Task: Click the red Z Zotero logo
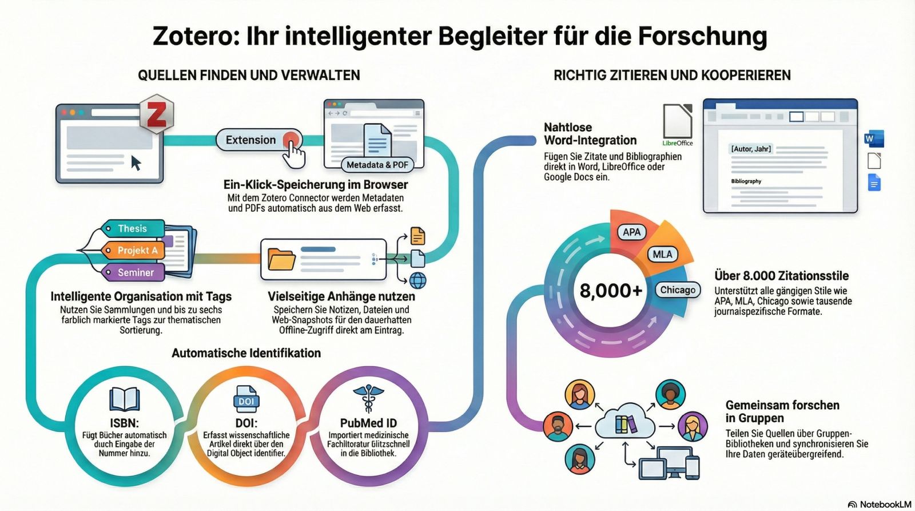tap(156, 114)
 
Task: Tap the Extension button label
tap(250, 140)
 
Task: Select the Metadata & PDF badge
tap(377, 165)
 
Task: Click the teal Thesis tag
tap(132, 229)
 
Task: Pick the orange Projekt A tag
tap(137, 251)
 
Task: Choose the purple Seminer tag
tap(135, 272)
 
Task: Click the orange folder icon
tap(281, 259)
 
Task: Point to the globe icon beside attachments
tap(418, 280)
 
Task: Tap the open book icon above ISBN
tap(125, 399)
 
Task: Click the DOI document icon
tap(246, 398)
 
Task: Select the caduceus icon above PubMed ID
tap(368, 398)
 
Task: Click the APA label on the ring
tap(631, 232)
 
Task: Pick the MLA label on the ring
tap(662, 254)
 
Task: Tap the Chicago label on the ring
tap(678, 290)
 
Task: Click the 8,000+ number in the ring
tap(611, 291)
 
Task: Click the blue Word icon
tap(873, 139)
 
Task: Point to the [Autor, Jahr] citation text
tap(751, 149)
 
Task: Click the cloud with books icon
tap(625, 424)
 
